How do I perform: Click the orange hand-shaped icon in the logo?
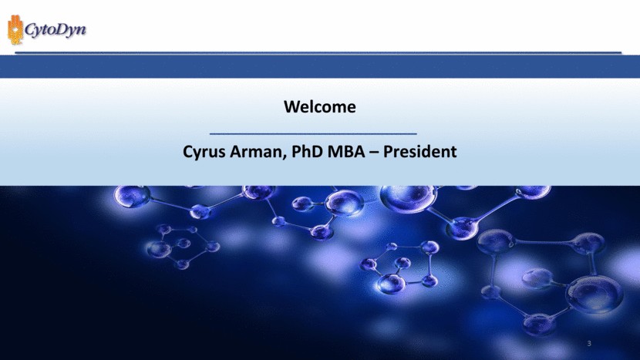(x=14, y=31)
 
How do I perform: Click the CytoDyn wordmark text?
(x=55, y=31)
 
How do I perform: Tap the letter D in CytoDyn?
(x=62, y=30)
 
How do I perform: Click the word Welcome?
(x=320, y=106)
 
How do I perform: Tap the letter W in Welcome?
(x=291, y=106)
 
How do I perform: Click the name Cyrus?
(x=205, y=151)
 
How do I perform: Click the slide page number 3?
(x=589, y=342)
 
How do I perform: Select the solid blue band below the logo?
(x=320, y=68)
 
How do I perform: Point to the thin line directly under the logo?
(x=320, y=52)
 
